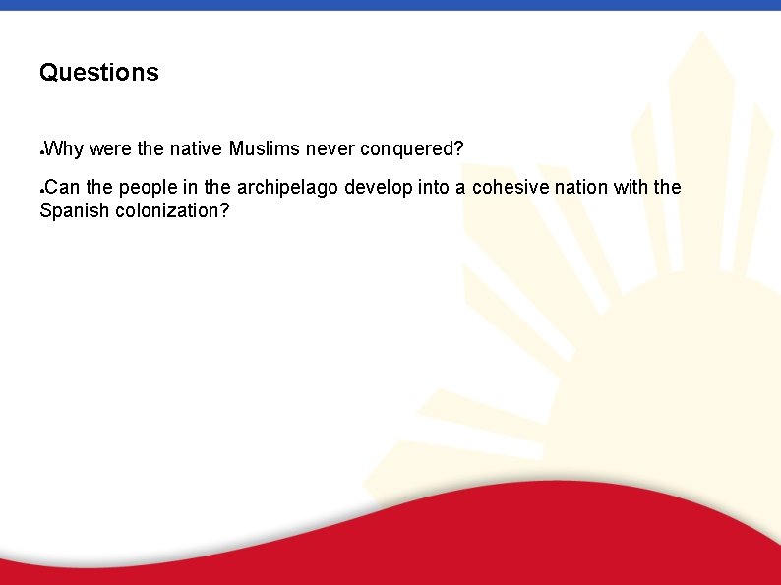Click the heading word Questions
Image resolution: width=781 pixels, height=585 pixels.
[98, 73]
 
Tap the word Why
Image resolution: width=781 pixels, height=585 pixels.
[64, 149]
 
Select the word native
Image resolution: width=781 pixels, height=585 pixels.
[196, 149]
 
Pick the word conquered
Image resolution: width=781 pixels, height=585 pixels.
[411, 149]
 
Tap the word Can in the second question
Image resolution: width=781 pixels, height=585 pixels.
[63, 187]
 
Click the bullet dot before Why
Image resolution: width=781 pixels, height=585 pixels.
[40, 153]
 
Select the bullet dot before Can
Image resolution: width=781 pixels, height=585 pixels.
[40, 190]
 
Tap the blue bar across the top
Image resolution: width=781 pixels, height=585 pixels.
[390, 5]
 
